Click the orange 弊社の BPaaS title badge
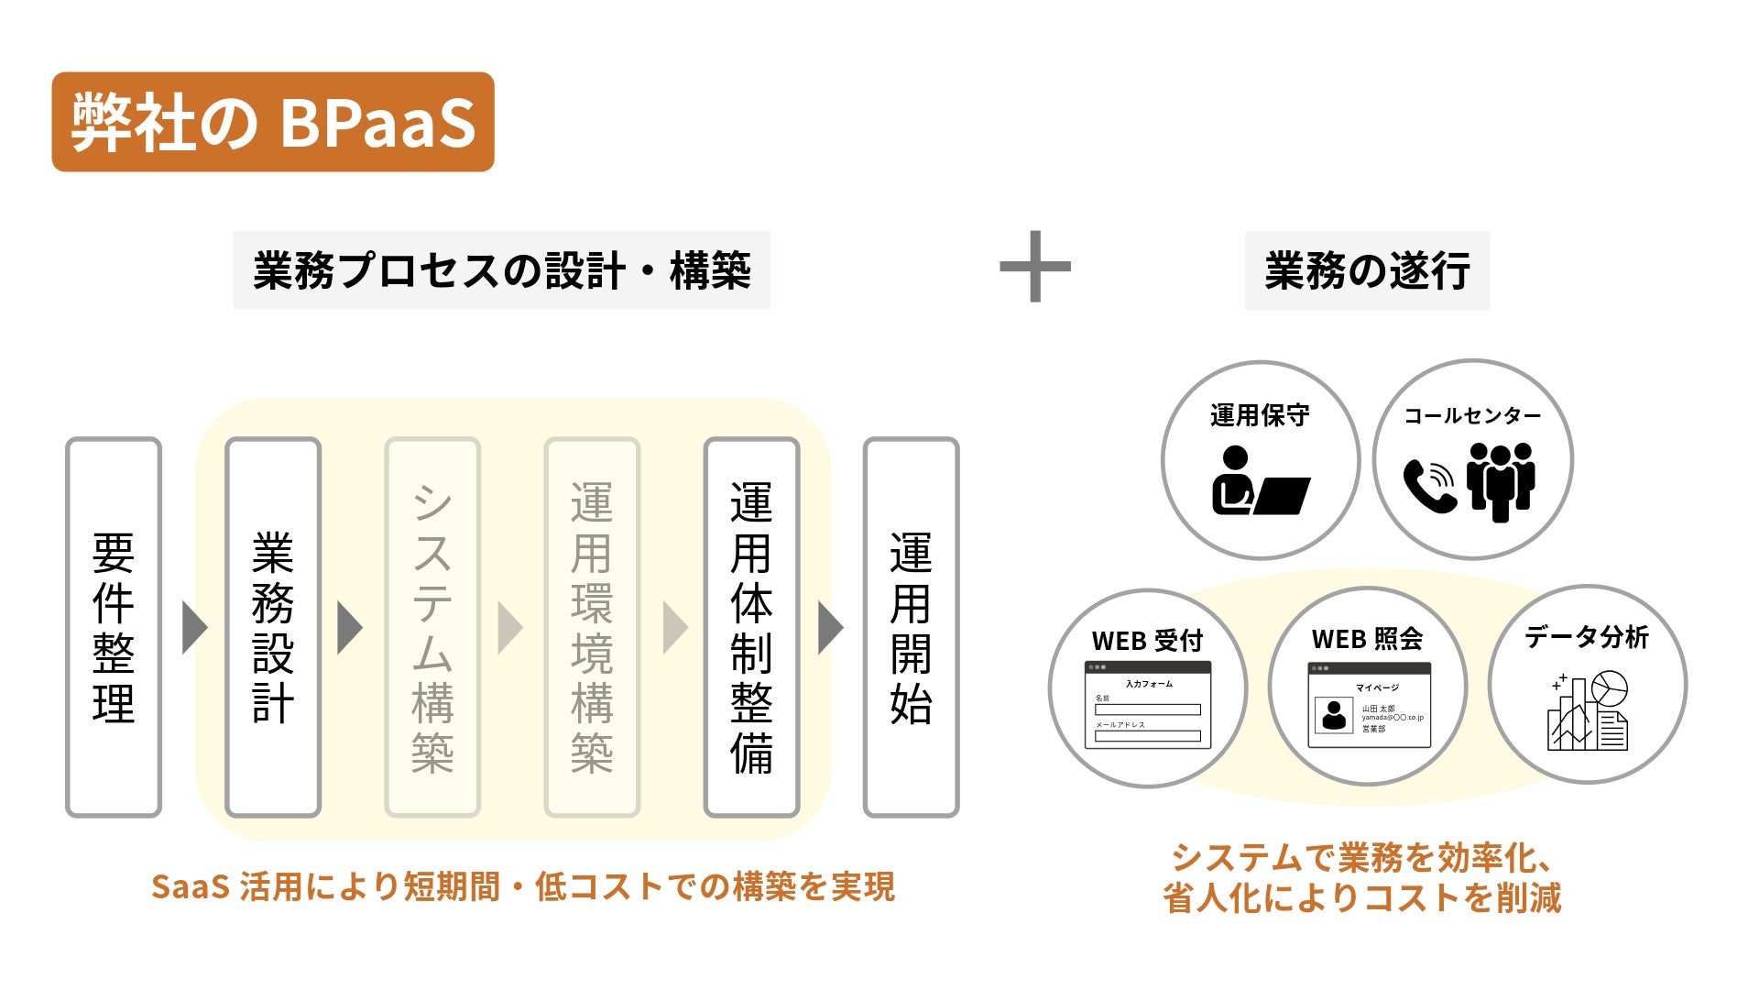(273, 122)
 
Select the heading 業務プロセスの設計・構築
(501, 271)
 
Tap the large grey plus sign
(1035, 267)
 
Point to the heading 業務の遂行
(1367, 271)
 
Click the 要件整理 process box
(114, 627)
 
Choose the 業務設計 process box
(273, 627)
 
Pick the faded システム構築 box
(432, 627)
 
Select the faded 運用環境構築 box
(592, 627)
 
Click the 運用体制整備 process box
(751, 627)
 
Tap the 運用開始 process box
(911, 627)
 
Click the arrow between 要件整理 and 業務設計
(193, 628)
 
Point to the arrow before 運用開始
(829, 628)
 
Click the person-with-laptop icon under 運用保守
(1260, 481)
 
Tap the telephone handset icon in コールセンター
(1428, 485)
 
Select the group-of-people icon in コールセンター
(1500, 480)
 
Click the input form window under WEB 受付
(1148, 705)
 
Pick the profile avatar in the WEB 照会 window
(1335, 715)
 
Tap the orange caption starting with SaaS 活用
(522, 886)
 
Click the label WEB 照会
(1367, 639)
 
